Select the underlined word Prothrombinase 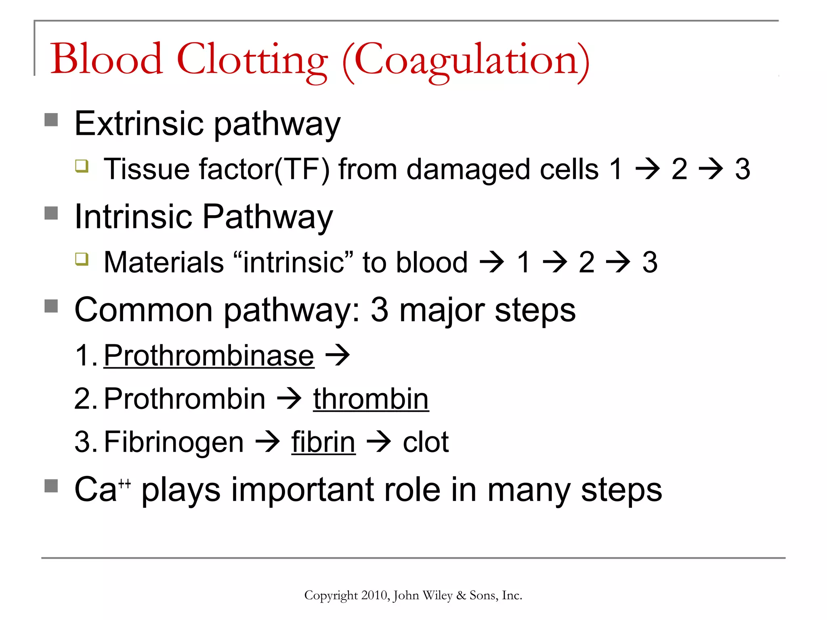pos(209,356)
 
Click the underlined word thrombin pos(371,399)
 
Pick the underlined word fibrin pos(323,442)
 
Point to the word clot pos(426,442)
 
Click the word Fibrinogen pos(174,442)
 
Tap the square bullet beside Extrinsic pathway pos(51,119)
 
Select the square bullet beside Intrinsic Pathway pos(51,213)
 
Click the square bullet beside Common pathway pos(51,306)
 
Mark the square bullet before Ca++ pos(51,486)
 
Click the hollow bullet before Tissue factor pos(82,165)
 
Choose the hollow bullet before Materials pos(82,259)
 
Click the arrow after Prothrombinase pos(338,355)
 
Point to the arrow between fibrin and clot pos(379,441)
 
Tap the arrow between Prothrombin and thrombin pos(289,398)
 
